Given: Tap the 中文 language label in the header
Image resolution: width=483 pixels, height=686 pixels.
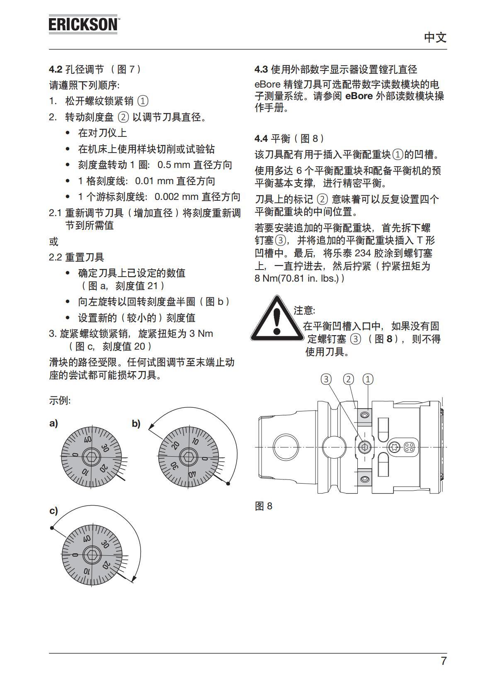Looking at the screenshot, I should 435,38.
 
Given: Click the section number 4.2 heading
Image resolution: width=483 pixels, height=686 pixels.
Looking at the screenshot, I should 56,69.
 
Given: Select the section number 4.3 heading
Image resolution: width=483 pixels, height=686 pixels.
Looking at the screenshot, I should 261,69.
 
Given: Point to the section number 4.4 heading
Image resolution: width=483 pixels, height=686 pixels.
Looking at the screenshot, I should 261,138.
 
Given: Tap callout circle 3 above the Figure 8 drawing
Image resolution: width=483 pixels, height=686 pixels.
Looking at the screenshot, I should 327,379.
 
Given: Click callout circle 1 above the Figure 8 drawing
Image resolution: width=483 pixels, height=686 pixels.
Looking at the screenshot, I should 368,379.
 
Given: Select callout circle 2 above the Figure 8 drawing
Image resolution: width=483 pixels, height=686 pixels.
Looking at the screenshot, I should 349,379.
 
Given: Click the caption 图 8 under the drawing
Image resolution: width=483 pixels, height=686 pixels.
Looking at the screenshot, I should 264,506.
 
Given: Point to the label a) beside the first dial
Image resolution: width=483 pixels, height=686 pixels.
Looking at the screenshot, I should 53,423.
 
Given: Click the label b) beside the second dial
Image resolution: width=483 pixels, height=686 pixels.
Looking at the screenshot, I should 136,424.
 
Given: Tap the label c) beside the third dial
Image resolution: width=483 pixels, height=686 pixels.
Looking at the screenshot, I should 53,511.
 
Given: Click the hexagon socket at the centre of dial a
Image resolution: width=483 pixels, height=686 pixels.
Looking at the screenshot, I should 92,457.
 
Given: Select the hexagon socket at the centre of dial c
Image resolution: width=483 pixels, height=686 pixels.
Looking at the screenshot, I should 92,555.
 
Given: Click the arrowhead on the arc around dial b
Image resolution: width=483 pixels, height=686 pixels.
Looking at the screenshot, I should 152,426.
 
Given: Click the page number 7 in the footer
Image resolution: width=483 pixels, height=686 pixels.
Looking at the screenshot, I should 443,661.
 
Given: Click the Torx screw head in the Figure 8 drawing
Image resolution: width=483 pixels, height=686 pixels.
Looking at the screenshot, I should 394,447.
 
